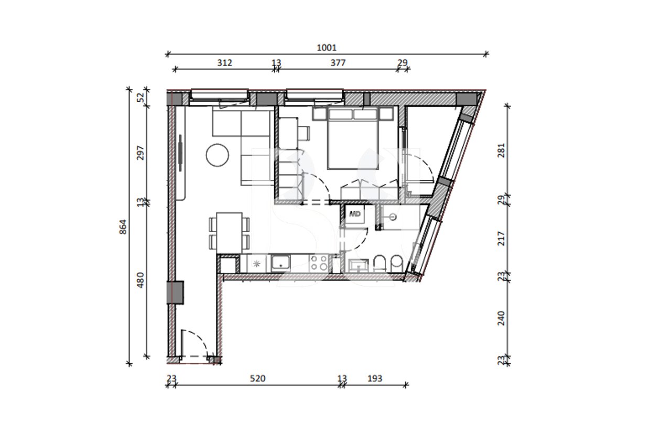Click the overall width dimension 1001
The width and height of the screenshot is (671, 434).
click(326, 47)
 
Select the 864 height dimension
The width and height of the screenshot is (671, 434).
click(123, 226)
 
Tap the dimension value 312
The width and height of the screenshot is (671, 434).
click(224, 62)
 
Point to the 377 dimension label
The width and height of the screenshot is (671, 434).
click(338, 62)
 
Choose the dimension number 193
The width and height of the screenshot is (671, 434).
click(375, 378)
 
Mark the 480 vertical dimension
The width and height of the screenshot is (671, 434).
click(140, 280)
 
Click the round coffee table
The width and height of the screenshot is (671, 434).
click(217, 156)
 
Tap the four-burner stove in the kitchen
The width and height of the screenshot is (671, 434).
click(318, 263)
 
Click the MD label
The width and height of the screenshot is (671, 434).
click(355, 214)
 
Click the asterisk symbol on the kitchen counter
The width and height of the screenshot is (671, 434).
click(256, 264)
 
